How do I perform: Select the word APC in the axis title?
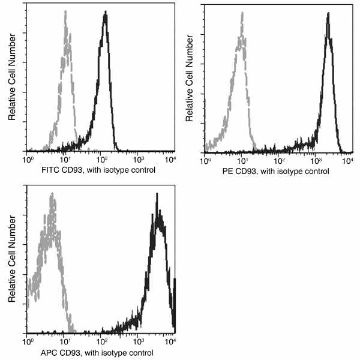(x=49, y=352)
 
